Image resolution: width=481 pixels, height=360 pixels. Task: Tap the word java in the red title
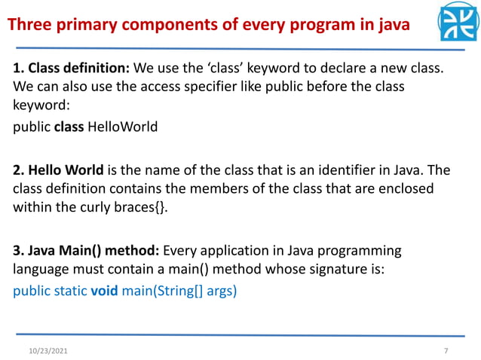coord(391,26)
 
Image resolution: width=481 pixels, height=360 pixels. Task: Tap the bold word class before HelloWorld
coord(70,127)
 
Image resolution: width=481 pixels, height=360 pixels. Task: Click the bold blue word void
coord(104,289)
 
